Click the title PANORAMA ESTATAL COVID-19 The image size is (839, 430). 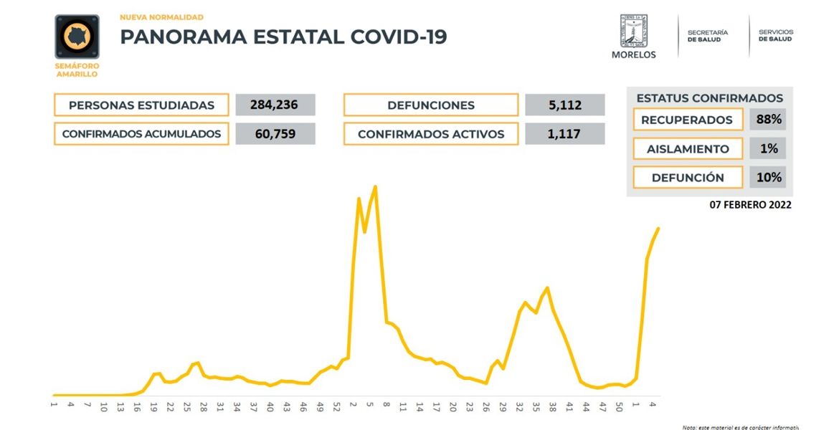point(283,37)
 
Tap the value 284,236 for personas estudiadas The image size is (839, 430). point(275,105)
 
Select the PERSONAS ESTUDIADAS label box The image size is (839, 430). point(141,105)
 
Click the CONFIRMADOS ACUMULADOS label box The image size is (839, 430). point(141,134)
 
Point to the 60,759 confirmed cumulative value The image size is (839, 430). point(275,134)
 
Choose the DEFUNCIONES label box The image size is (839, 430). point(430,105)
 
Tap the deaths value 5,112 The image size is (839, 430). point(564,105)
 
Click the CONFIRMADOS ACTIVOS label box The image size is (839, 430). point(430,134)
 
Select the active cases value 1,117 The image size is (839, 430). point(564,134)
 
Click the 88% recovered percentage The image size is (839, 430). point(768,120)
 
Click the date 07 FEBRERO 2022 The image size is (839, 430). point(750,205)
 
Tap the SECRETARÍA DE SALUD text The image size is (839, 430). point(708,36)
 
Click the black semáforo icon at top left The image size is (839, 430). point(77,37)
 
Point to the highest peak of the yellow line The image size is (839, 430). point(376,187)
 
